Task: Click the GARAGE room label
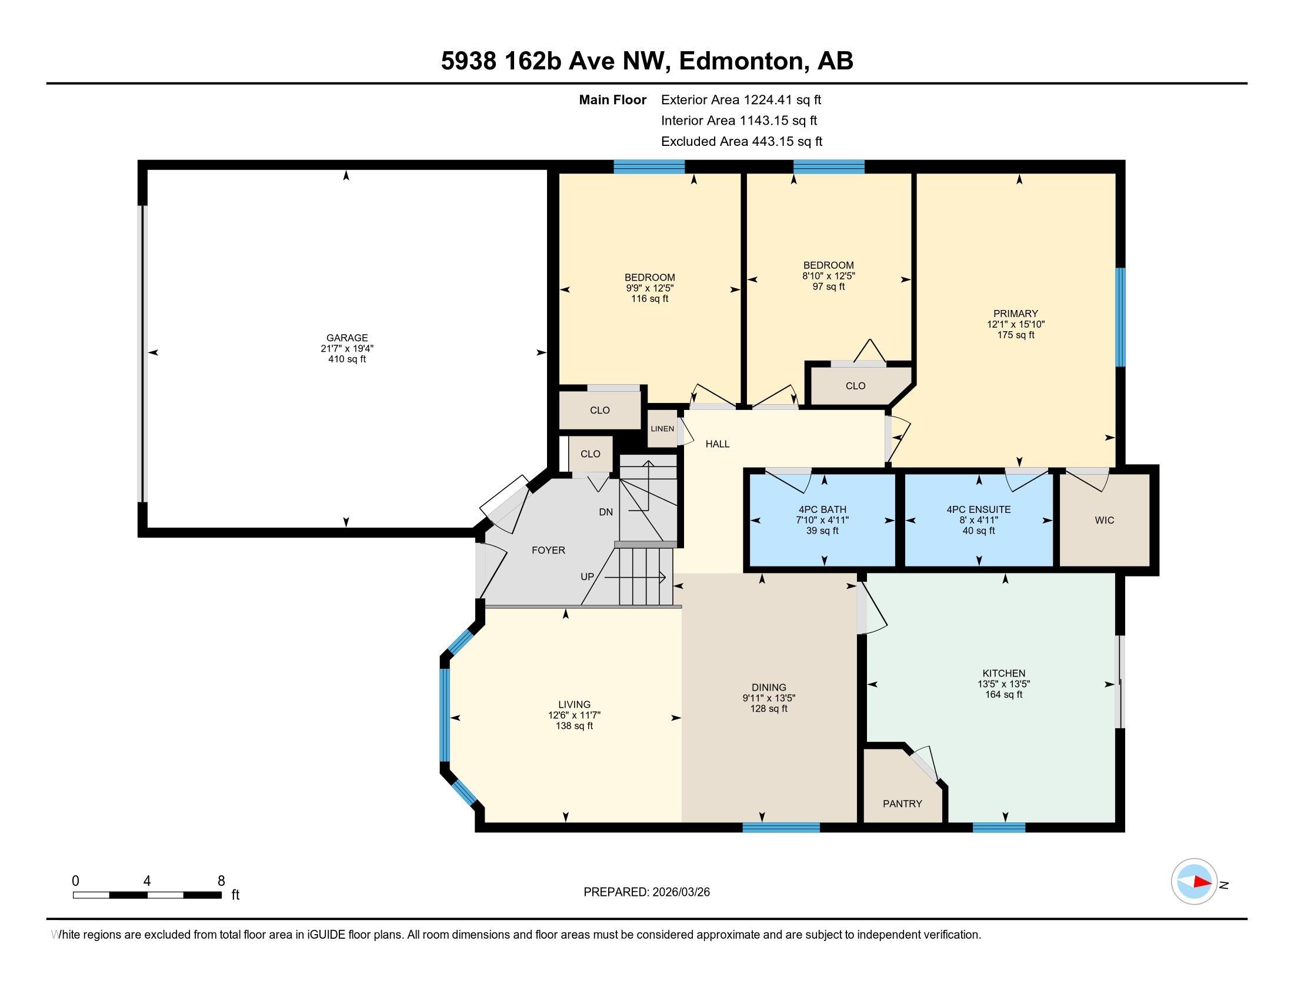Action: [x=346, y=338]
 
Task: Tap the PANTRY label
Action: [x=902, y=804]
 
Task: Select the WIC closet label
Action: [x=1105, y=520]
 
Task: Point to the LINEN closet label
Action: [x=662, y=429]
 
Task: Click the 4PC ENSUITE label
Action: [x=979, y=509]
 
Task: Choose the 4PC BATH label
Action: [x=822, y=509]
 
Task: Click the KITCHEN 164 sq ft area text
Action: [x=1003, y=694]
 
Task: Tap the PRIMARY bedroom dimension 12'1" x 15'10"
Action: [x=1016, y=324]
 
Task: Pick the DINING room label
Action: [x=769, y=688]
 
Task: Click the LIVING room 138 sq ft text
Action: [x=574, y=726]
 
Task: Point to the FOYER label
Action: [x=548, y=551]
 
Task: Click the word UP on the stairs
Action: [x=587, y=576]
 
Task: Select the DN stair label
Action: [x=605, y=512]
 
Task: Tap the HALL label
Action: [x=718, y=444]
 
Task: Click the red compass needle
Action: [x=1202, y=882]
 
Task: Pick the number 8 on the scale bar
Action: [x=221, y=881]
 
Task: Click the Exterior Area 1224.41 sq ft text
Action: [x=741, y=99]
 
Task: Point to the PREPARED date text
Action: [x=646, y=892]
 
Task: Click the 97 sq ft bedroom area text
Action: [x=828, y=286]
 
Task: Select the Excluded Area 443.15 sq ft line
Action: [x=742, y=141]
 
